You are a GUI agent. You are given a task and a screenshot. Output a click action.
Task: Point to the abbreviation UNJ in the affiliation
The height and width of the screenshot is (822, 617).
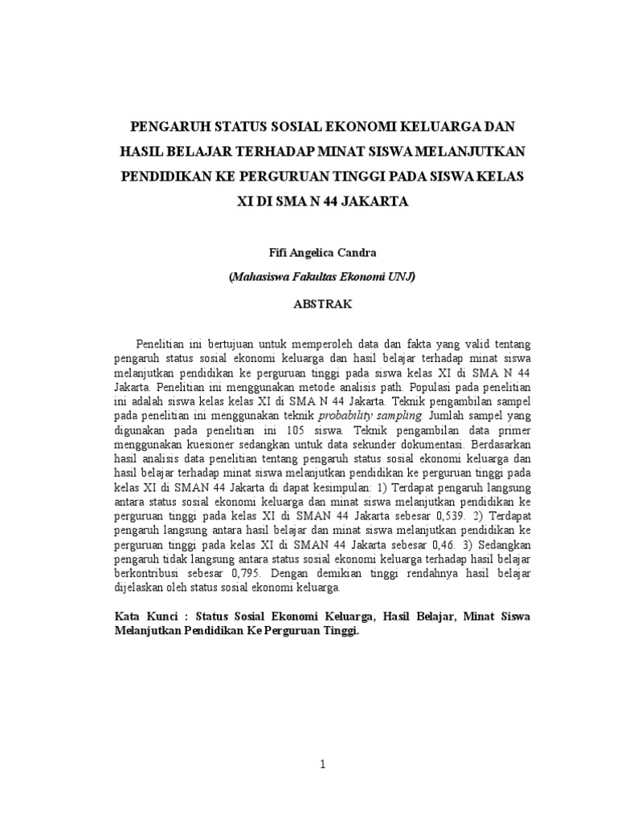402,278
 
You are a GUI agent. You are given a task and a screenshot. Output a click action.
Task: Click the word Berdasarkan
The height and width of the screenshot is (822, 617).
497,445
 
